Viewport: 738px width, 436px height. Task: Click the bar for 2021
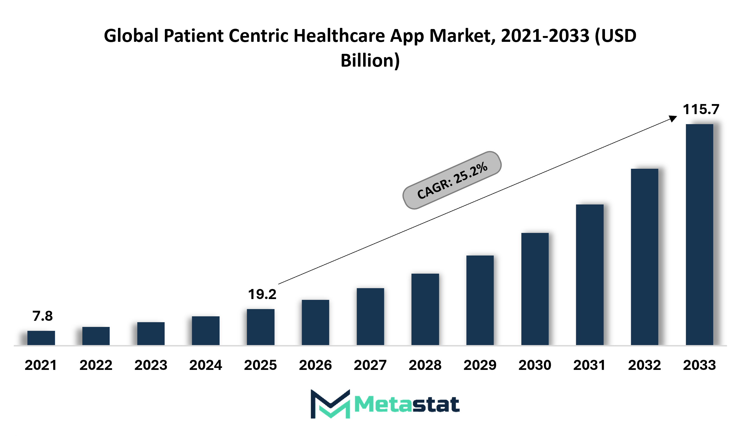point(41,338)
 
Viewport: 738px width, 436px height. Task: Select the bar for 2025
point(261,327)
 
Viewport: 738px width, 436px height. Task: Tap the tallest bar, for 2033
point(699,234)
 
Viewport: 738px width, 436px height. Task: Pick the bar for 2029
point(480,300)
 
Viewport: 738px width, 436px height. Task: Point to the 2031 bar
point(590,275)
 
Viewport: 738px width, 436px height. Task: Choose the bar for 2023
point(151,334)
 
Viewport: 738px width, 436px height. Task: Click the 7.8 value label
point(43,316)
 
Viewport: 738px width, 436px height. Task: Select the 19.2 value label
point(262,294)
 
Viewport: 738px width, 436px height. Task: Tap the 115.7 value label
point(701,109)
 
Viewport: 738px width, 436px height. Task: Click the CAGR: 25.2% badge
point(452,180)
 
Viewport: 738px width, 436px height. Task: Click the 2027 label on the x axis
point(370,365)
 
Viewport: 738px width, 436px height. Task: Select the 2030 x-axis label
point(535,365)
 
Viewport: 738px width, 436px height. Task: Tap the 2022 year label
point(96,365)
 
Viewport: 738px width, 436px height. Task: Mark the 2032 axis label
point(645,365)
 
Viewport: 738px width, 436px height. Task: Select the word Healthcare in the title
point(339,35)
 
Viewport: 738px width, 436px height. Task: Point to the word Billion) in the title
point(370,61)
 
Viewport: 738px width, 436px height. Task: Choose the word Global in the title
point(131,35)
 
